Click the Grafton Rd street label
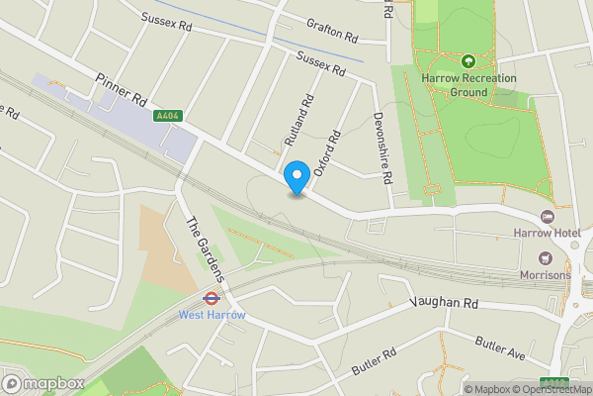pyautogui.click(x=331, y=30)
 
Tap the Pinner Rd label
pyautogui.click(x=123, y=88)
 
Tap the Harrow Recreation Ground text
pyautogui.click(x=467, y=85)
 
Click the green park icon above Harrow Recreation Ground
pyautogui.click(x=467, y=61)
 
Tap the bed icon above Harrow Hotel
pyautogui.click(x=547, y=217)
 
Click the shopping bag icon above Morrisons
pyautogui.click(x=543, y=258)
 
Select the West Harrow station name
pyautogui.click(x=211, y=315)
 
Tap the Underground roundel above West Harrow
pyautogui.click(x=211, y=297)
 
